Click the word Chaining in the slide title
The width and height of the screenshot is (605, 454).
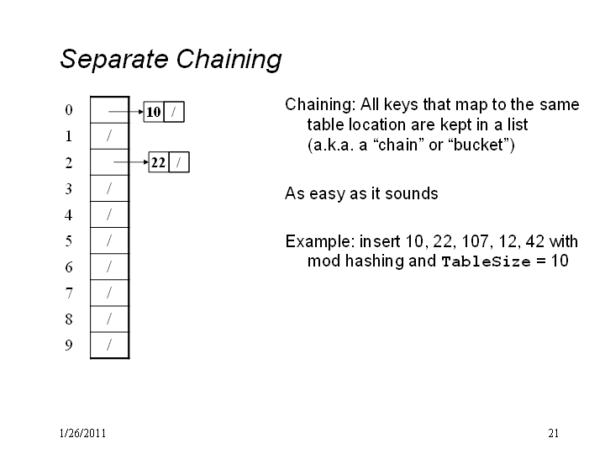229,60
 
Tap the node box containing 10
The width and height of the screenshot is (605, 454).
154,112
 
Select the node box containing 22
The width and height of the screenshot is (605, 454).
159,162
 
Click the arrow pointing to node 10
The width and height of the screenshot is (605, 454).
126,112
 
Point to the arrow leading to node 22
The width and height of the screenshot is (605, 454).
131,161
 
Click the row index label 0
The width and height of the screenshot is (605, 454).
69,110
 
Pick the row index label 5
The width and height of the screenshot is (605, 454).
69,241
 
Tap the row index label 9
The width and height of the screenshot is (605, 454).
69,345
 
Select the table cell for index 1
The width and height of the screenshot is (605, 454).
109,136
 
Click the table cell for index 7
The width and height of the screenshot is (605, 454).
109,293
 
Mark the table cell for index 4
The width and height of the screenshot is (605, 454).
109,214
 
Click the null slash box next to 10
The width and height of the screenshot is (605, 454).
174,112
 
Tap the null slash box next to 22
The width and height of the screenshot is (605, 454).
179,162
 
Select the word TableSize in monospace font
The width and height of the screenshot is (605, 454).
486,261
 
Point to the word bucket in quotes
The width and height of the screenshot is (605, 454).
478,145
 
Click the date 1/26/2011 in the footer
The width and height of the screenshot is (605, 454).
82,433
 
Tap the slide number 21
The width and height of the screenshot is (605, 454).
553,433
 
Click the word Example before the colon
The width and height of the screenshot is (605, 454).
318,241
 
